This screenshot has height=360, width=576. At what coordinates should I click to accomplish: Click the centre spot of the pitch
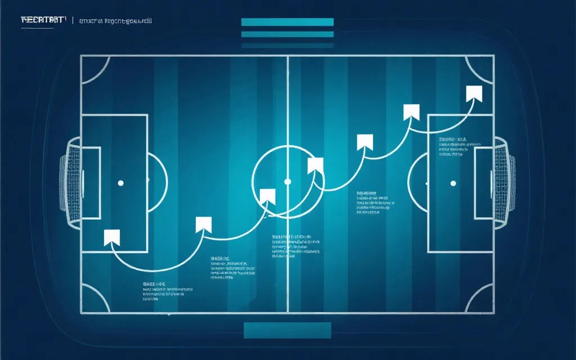point(287,182)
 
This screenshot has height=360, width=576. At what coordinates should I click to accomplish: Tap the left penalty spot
point(120,183)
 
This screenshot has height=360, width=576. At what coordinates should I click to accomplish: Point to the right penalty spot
point(453,183)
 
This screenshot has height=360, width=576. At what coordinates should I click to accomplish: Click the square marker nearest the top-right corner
point(474,93)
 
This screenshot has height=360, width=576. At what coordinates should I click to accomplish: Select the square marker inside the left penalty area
point(112,238)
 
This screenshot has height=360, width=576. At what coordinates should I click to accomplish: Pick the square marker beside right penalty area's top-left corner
point(412,112)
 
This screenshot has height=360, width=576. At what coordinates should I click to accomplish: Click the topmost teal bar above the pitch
point(287,22)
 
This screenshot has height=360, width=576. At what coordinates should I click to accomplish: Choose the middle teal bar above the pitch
point(287,34)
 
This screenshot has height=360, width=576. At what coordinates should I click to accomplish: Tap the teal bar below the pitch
point(287,330)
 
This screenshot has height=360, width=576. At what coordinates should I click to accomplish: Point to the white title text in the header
point(43,21)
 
